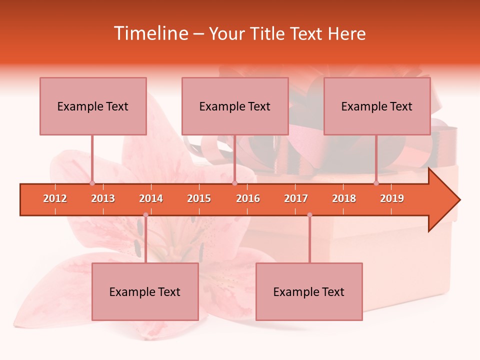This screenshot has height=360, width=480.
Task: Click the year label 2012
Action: point(55,198)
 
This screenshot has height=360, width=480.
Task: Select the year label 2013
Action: point(103,198)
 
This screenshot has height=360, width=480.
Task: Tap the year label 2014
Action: point(151,198)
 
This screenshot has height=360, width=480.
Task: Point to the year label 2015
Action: point(199,198)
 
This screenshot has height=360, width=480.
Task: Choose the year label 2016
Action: point(248,198)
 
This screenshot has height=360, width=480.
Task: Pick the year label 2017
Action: point(296,198)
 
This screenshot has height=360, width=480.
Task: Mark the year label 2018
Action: point(344,198)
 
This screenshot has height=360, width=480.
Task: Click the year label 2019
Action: point(392,198)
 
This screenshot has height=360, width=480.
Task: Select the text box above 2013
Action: point(93,106)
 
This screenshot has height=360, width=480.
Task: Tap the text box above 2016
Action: point(235,106)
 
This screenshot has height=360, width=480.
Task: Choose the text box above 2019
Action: point(377,106)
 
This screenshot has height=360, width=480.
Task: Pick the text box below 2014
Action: point(145,291)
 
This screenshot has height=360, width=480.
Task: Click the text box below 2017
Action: point(309,291)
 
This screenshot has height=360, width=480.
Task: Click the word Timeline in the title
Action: point(150,33)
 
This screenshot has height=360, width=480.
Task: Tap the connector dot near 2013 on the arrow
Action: point(92,183)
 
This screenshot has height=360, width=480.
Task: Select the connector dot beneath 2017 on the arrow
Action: point(309,215)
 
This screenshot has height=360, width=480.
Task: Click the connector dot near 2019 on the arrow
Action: point(376,183)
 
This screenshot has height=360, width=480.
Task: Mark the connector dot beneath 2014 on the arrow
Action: point(145,215)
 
